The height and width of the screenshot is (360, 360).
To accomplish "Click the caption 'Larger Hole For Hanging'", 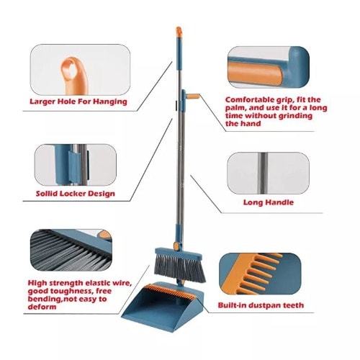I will pyautogui.click(x=78, y=102).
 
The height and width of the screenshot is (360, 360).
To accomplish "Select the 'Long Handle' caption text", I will pyautogui.click(x=268, y=203).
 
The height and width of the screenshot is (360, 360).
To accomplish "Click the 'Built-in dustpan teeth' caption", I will pyautogui.click(x=260, y=305).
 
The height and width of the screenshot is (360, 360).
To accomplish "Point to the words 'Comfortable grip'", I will pyautogui.click(x=252, y=100).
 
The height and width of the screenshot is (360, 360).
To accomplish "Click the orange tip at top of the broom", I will pyautogui.click(x=177, y=32).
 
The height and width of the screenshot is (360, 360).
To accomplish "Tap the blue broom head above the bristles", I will pyautogui.click(x=174, y=251).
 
